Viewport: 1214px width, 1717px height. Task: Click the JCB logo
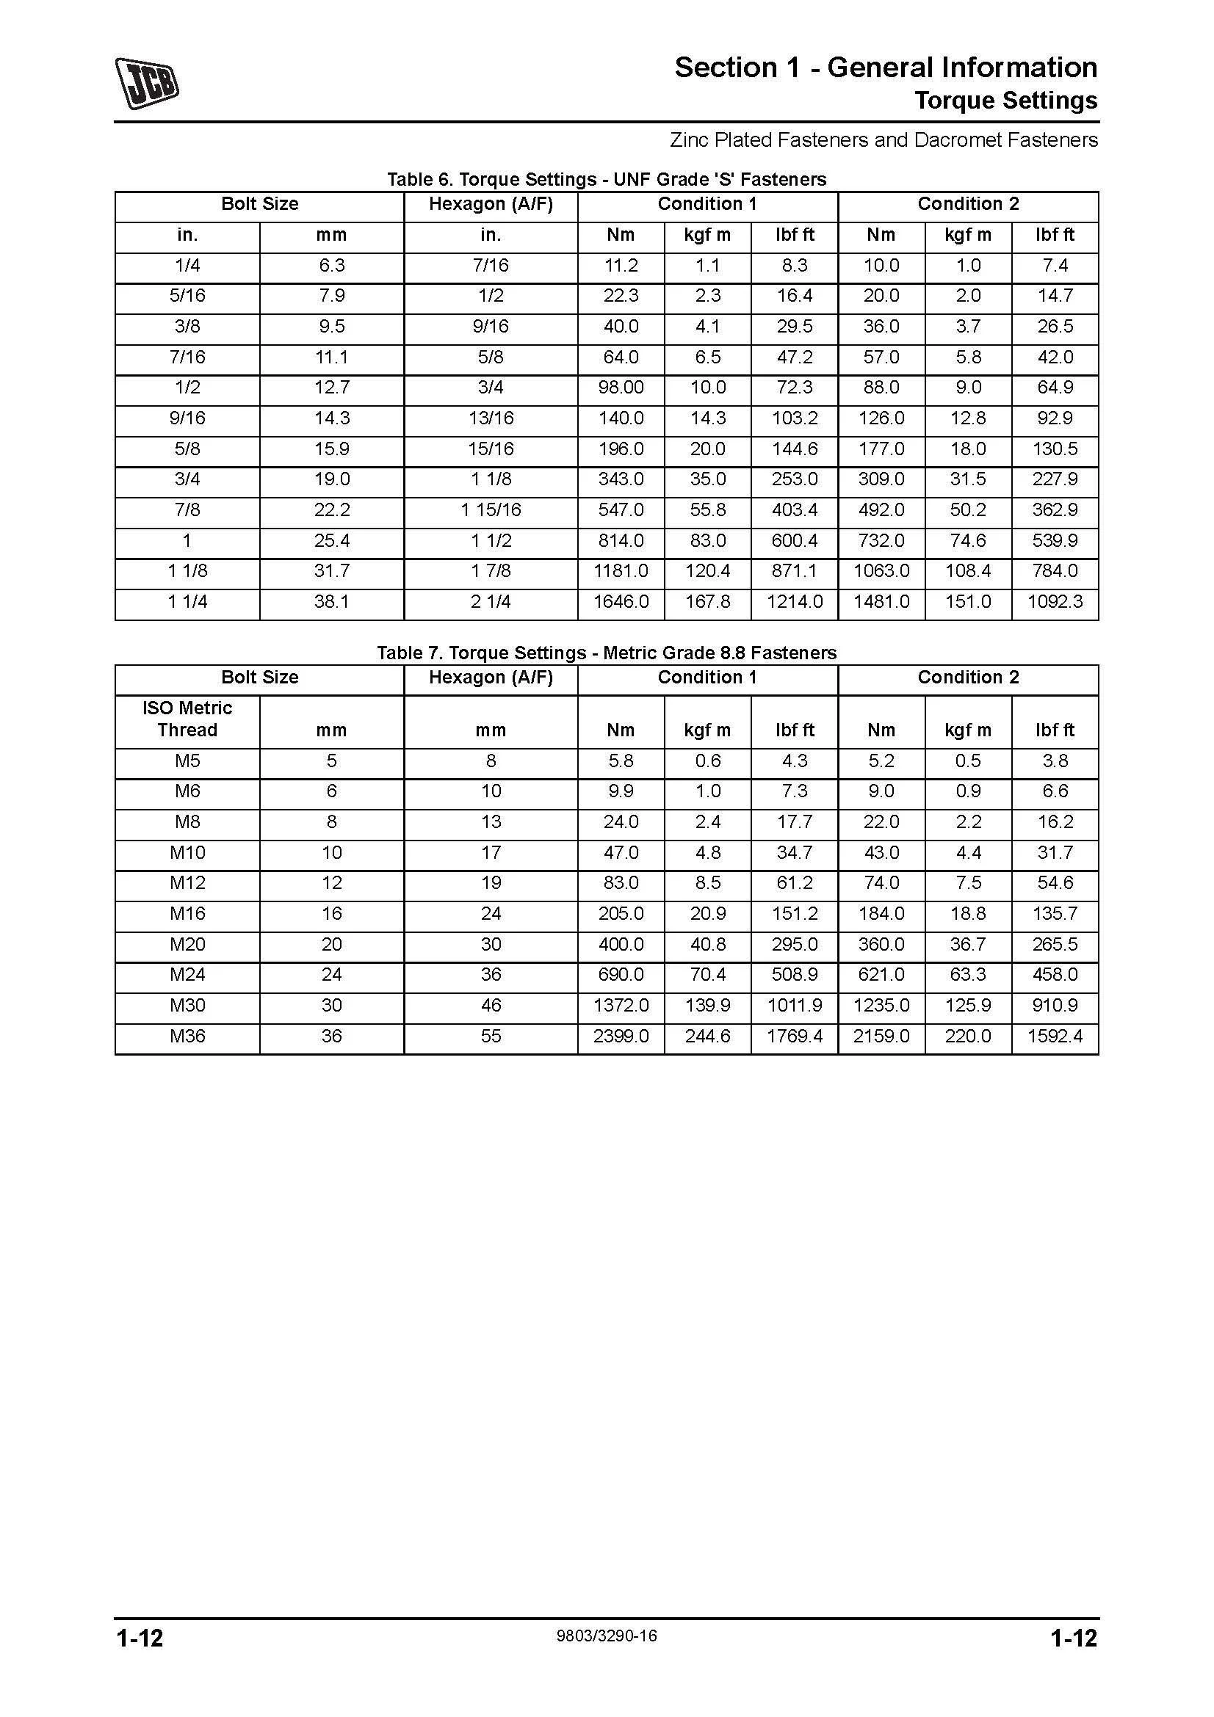tap(147, 84)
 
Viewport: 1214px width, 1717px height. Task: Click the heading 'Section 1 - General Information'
tap(885, 68)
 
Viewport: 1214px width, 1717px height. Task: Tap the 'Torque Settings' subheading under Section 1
tap(1005, 101)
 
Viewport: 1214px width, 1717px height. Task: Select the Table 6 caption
tap(606, 179)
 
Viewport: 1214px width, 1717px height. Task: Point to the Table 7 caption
tap(606, 653)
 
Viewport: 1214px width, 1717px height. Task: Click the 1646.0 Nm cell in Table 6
tap(621, 602)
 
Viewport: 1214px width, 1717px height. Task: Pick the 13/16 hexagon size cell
tap(491, 418)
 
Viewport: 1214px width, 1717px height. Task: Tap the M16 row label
tap(187, 914)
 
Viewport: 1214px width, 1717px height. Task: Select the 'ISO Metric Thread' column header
tap(187, 719)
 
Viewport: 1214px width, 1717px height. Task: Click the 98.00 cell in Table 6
tap(621, 388)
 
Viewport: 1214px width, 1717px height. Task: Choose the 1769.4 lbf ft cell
tap(795, 1037)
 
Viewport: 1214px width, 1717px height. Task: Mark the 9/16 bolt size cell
tap(187, 418)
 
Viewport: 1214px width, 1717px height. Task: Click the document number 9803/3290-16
tap(606, 1636)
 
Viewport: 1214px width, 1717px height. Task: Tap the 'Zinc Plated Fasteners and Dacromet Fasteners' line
tap(884, 140)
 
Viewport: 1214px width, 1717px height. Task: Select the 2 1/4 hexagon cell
tap(491, 602)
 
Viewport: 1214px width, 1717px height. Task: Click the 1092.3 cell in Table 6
tap(1055, 602)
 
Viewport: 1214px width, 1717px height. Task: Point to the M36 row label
tap(187, 1037)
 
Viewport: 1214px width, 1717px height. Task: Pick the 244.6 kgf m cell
tap(707, 1037)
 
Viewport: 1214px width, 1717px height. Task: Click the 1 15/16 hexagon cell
tap(491, 510)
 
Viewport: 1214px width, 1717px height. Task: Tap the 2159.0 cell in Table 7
tap(881, 1037)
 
